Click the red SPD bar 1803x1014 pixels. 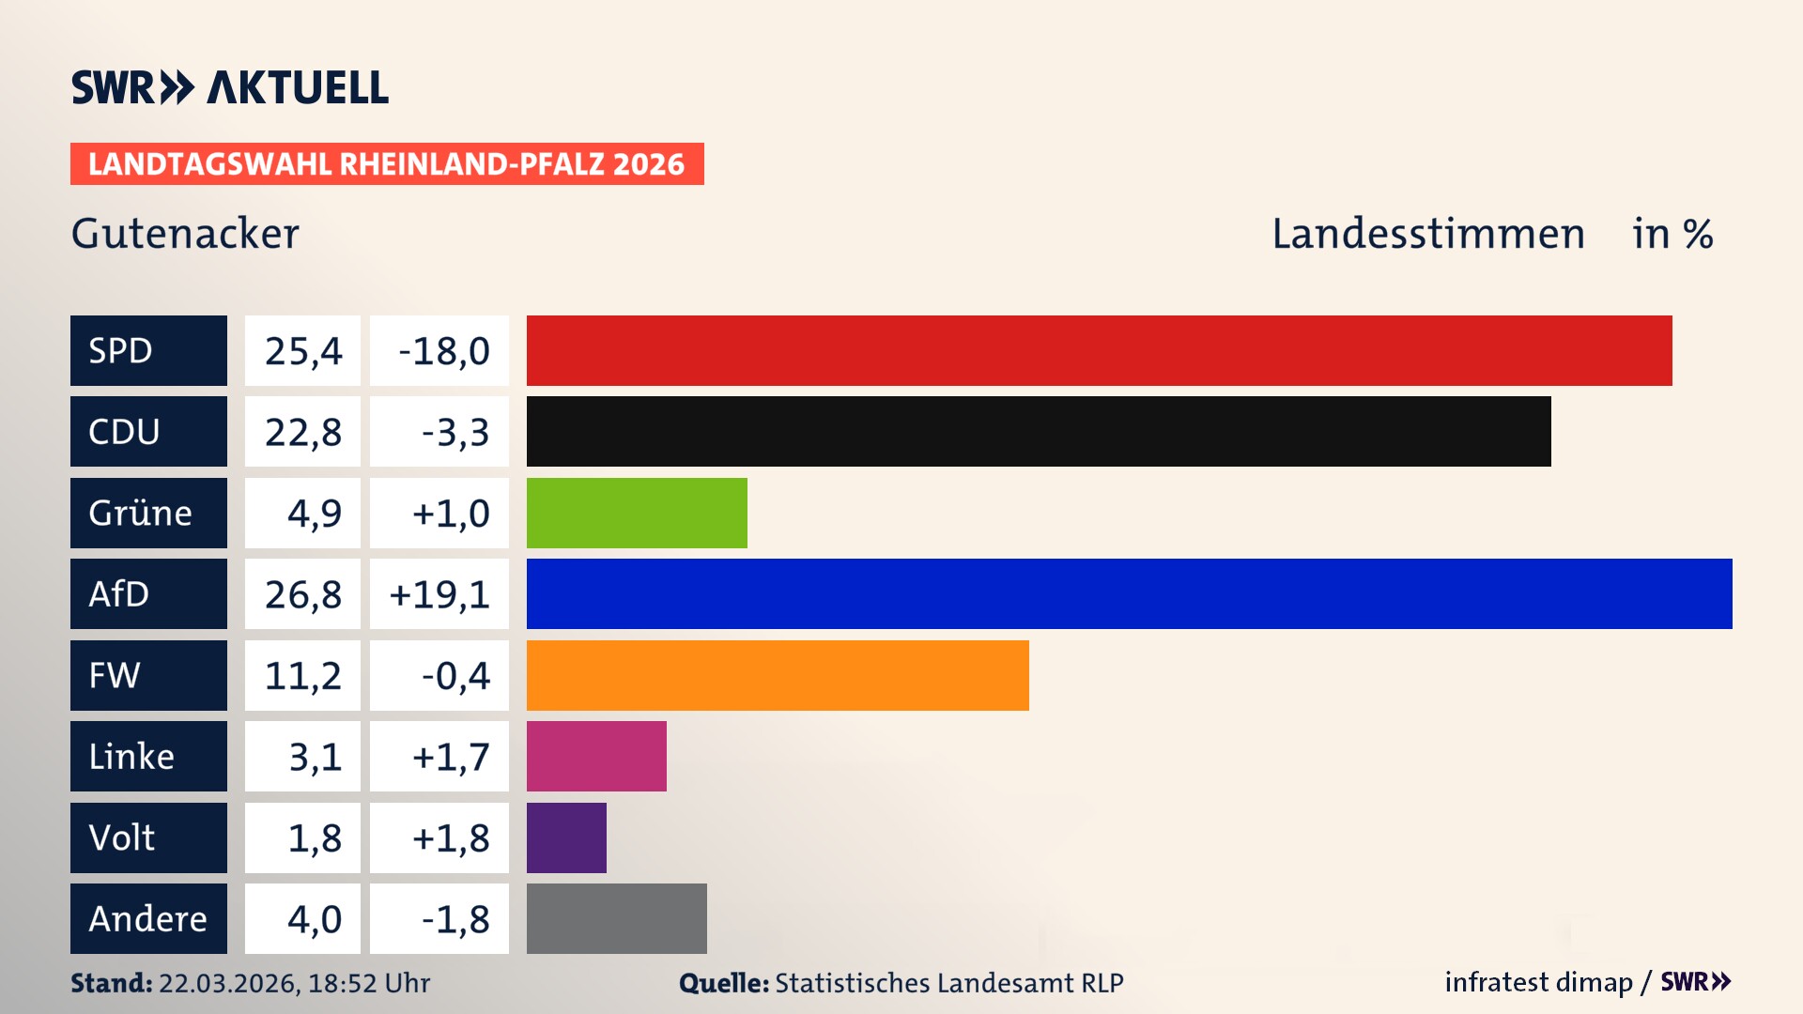click(1099, 350)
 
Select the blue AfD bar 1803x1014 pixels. click(1129, 593)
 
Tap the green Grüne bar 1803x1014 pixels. click(637, 513)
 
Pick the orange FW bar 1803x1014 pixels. click(778, 675)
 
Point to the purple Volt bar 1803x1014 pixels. click(566, 837)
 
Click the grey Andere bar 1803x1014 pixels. click(616, 918)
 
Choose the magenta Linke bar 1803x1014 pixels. click(596, 756)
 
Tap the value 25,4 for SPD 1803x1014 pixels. click(302, 351)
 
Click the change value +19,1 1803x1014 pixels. click(439, 594)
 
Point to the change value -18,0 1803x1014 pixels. click(443, 351)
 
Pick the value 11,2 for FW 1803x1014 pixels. click(302, 675)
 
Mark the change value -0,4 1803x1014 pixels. click(455, 675)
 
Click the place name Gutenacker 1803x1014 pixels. click(185, 234)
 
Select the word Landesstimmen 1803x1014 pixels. click(1427, 234)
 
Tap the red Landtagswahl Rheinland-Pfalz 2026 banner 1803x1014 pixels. click(387, 164)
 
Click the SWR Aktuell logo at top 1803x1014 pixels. click(230, 87)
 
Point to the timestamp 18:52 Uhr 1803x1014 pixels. click(368, 983)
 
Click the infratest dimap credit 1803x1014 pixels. click(1537, 982)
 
